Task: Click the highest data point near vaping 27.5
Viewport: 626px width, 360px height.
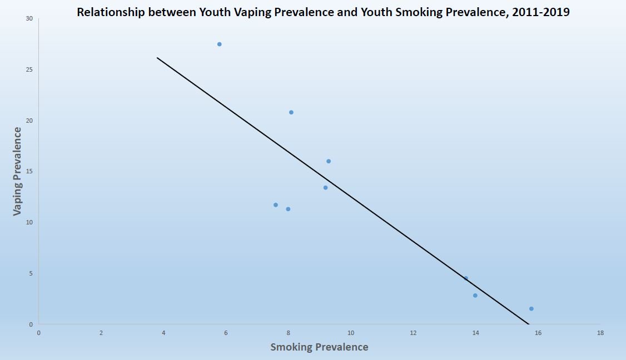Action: (x=220, y=44)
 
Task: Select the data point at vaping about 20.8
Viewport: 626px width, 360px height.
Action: (x=291, y=112)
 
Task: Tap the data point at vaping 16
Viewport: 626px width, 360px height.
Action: (x=329, y=161)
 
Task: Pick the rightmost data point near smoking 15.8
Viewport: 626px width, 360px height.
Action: (x=531, y=309)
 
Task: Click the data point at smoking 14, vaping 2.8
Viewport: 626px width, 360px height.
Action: (x=475, y=296)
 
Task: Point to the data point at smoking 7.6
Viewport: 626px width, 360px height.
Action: (x=276, y=205)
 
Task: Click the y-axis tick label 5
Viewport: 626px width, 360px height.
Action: (x=31, y=273)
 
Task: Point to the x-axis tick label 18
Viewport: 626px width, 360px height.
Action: (x=600, y=333)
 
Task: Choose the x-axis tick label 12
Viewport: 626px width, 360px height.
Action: (x=413, y=333)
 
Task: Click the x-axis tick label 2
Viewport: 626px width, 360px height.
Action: (x=101, y=333)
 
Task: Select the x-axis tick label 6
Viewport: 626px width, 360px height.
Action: (x=226, y=333)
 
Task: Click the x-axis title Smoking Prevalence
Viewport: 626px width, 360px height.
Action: (x=319, y=347)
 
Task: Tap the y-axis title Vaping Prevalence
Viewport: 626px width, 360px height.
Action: (x=18, y=171)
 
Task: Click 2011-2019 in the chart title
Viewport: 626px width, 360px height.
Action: (x=543, y=12)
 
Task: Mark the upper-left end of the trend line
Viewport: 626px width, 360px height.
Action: (x=157, y=58)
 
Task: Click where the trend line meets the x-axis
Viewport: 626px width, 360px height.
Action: (x=528, y=324)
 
